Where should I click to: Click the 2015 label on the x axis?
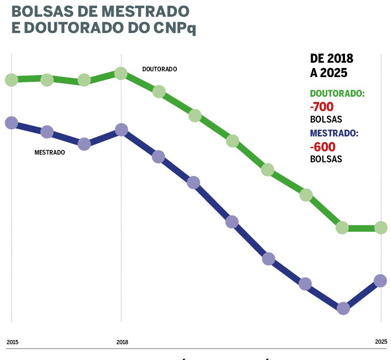pos(12,342)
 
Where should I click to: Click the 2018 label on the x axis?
pos(122,342)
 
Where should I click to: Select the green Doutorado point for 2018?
pos(121,73)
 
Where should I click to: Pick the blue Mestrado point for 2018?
pos(121,130)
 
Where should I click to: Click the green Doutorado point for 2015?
pos(11,79)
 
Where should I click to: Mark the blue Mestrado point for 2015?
pos(11,123)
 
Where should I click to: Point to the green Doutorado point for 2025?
pos(381,227)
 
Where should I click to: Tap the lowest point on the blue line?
pos(343,308)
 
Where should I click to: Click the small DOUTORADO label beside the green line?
pos(160,69)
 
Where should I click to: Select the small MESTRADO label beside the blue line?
pos(49,153)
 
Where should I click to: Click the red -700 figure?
pos(322,107)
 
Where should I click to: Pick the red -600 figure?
pos(322,146)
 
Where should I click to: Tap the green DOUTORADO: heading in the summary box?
pos(337,94)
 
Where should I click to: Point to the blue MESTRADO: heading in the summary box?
pos(334,134)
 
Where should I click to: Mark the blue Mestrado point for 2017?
pos(84,144)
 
